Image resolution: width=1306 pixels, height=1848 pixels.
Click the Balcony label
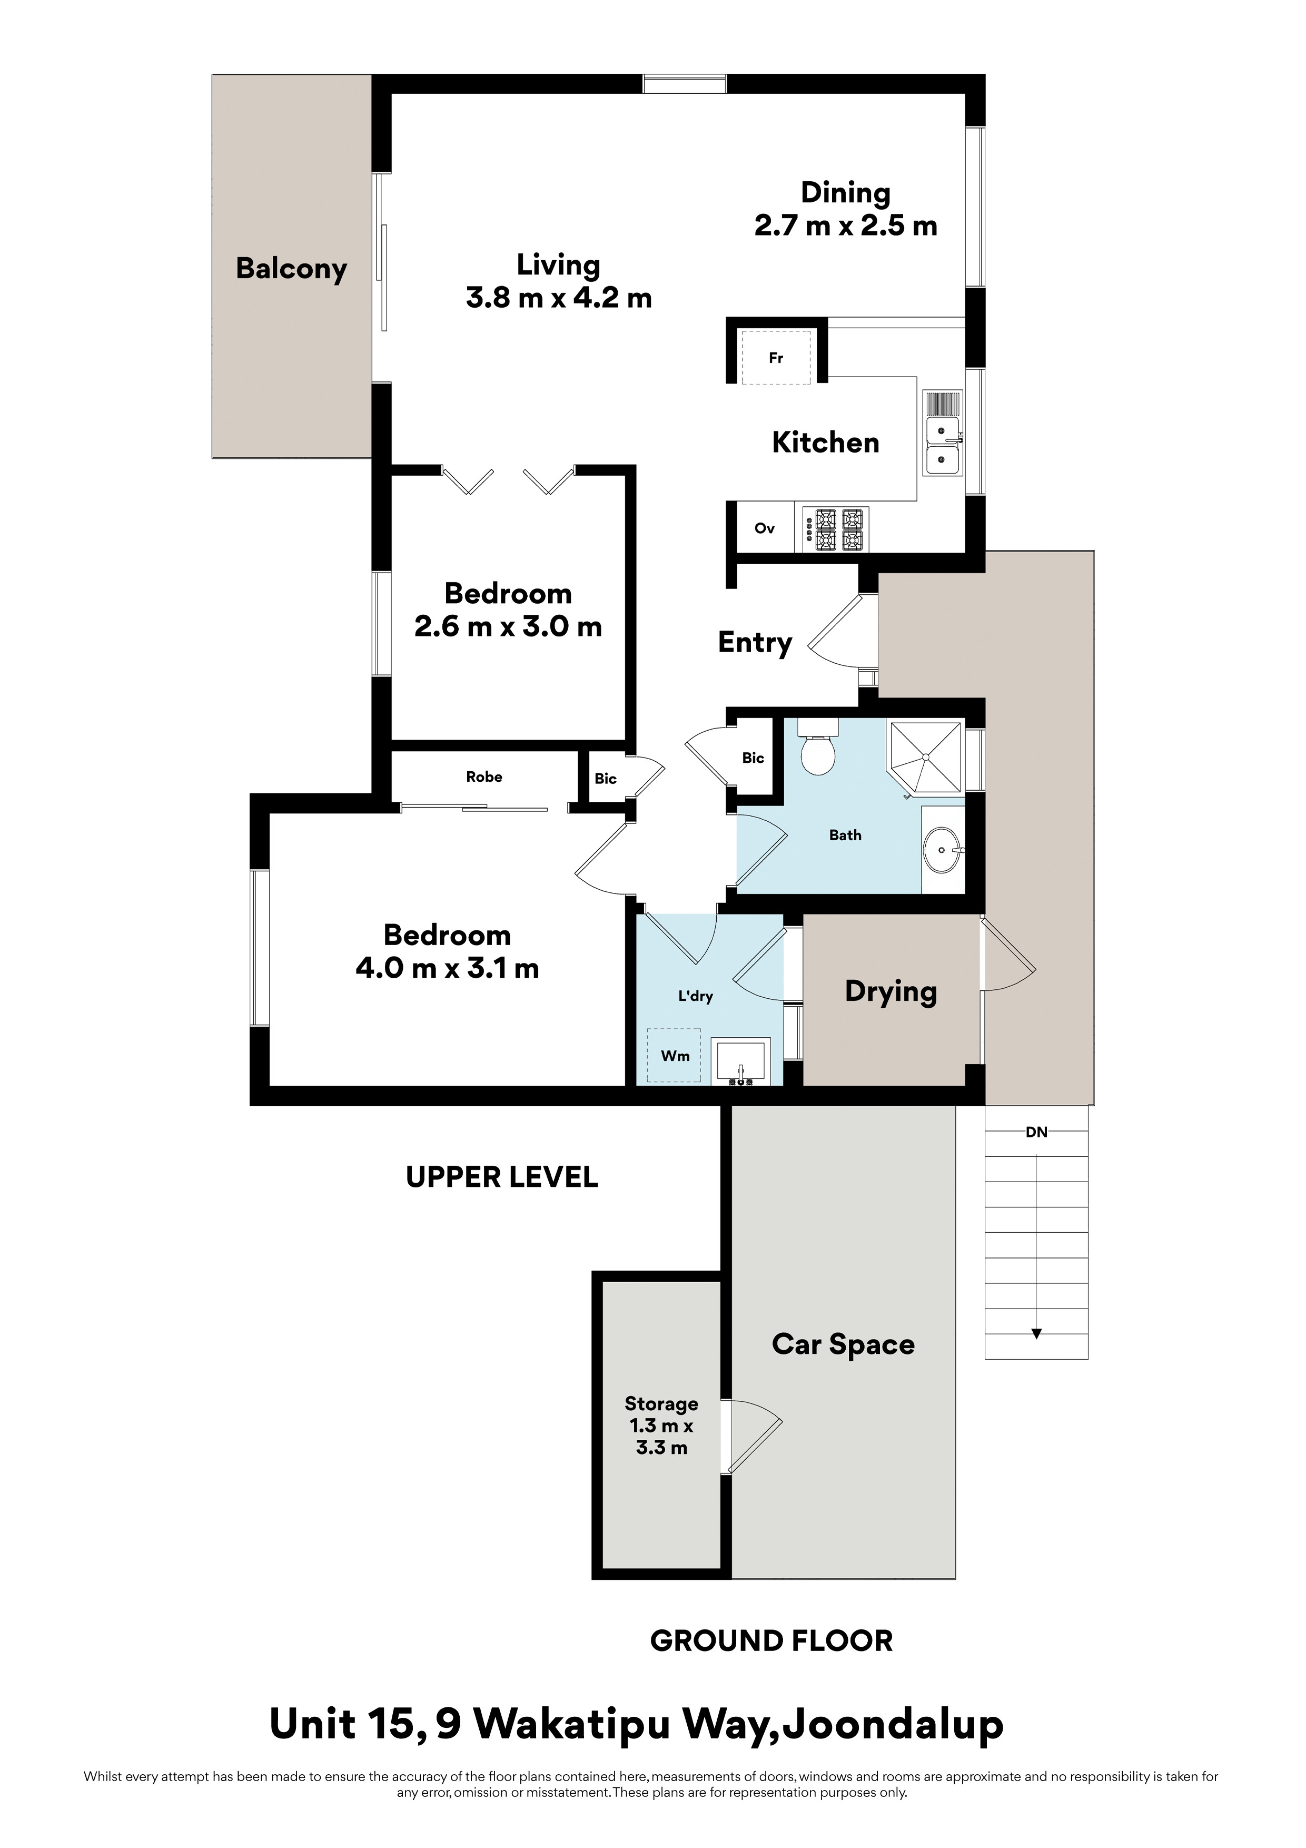click(x=291, y=269)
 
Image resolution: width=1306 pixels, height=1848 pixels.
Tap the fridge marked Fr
click(x=776, y=357)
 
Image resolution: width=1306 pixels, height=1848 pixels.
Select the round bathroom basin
click(x=942, y=849)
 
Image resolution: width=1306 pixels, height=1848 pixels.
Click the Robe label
click(x=484, y=776)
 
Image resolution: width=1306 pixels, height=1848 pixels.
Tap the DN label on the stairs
click(x=1036, y=1132)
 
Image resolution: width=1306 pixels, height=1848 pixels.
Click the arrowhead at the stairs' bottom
click(x=1036, y=1333)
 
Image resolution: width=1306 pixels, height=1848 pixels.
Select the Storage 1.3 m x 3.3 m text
click(x=661, y=1426)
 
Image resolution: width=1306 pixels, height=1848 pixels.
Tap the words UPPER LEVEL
click(x=502, y=1177)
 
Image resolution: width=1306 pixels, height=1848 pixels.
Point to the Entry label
click(x=755, y=642)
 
